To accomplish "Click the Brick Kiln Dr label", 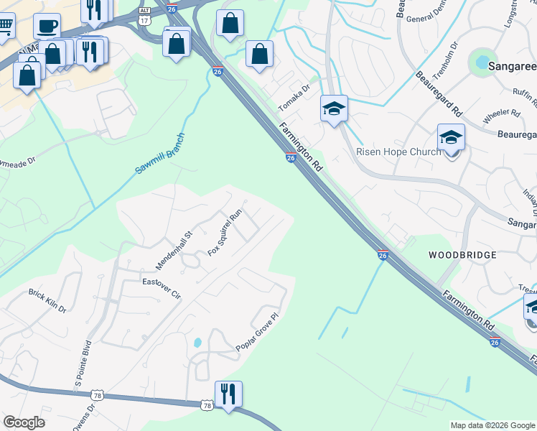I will (47, 301).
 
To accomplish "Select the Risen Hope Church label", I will (399, 152).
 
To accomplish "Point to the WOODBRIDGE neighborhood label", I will (462, 255).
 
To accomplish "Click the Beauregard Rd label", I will (438, 94).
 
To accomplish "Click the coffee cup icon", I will (47, 26).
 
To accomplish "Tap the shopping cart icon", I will (4, 26).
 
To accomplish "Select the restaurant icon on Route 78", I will (228, 394).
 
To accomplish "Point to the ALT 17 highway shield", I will (144, 15).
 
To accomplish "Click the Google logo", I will (24, 422).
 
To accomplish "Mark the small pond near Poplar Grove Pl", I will (197, 342).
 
